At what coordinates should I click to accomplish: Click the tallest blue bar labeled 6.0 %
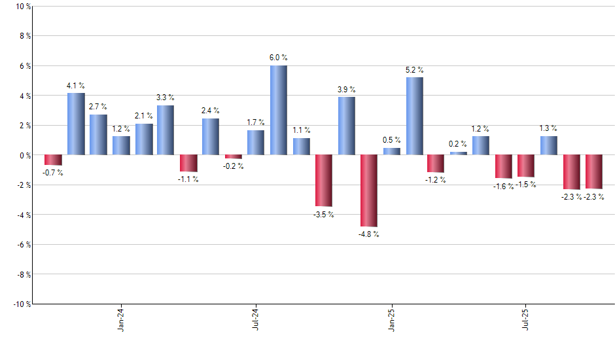(x=278, y=110)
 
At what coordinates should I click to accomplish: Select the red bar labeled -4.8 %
(x=368, y=190)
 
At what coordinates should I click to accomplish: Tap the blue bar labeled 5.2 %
(x=414, y=116)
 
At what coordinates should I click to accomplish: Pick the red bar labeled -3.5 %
(x=323, y=181)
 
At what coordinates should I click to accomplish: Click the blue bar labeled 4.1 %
(x=76, y=124)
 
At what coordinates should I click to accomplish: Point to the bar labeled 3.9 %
(x=346, y=126)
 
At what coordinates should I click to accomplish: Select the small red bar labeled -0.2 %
(x=234, y=156)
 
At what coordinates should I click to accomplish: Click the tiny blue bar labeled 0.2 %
(x=459, y=153)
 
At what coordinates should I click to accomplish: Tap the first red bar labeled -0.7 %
(x=53, y=160)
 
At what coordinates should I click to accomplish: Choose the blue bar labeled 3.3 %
(x=166, y=130)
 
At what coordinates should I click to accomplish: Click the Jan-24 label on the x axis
(x=121, y=319)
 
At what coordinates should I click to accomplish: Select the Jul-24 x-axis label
(x=256, y=319)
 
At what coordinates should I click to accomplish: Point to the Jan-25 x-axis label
(x=392, y=319)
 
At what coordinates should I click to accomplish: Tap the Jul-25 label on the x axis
(x=527, y=319)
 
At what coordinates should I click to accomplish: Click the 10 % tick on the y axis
(x=23, y=7)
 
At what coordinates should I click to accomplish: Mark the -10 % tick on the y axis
(x=22, y=304)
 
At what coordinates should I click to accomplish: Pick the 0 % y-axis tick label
(x=25, y=155)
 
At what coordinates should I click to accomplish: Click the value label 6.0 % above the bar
(x=278, y=58)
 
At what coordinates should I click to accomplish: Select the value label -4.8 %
(x=368, y=234)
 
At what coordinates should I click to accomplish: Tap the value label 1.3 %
(x=548, y=128)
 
